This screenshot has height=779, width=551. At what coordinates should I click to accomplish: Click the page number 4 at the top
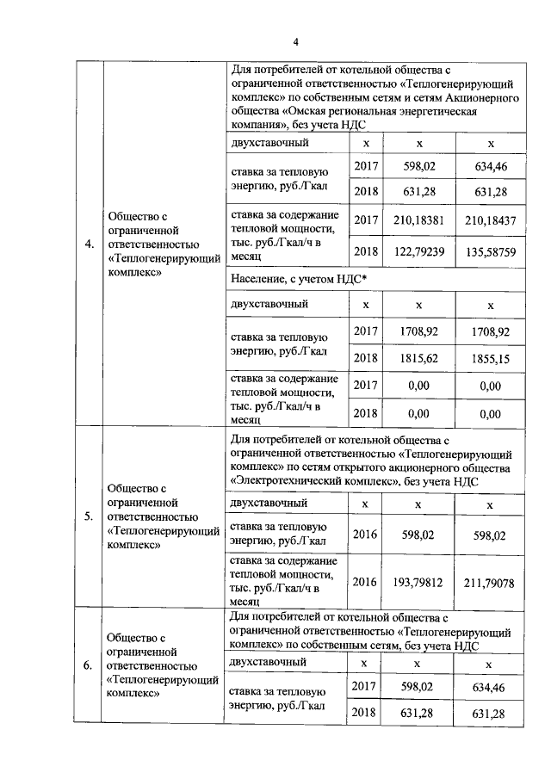[x=294, y=42]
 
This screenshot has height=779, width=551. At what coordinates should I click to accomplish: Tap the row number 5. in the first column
[x=90, y=516]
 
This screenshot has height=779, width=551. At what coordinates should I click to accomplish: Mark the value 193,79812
[x=418, y=583]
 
